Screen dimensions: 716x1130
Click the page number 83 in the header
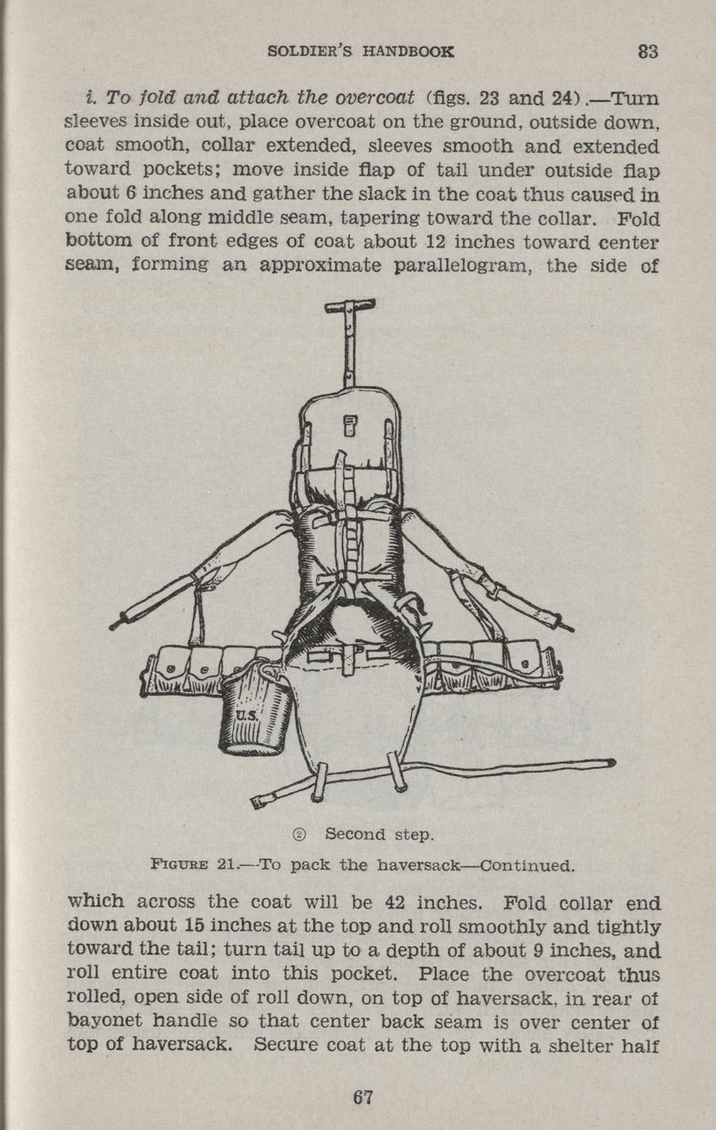pos(648,52)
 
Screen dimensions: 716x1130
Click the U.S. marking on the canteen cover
pos(247,716)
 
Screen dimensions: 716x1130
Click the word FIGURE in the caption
pos(179,865)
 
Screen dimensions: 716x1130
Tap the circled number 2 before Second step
pos(299,835)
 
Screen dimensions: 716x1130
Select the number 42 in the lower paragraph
pos(395,902)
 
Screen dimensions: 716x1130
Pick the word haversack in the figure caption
pos(419,865)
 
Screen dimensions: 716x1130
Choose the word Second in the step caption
pos(356,834)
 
